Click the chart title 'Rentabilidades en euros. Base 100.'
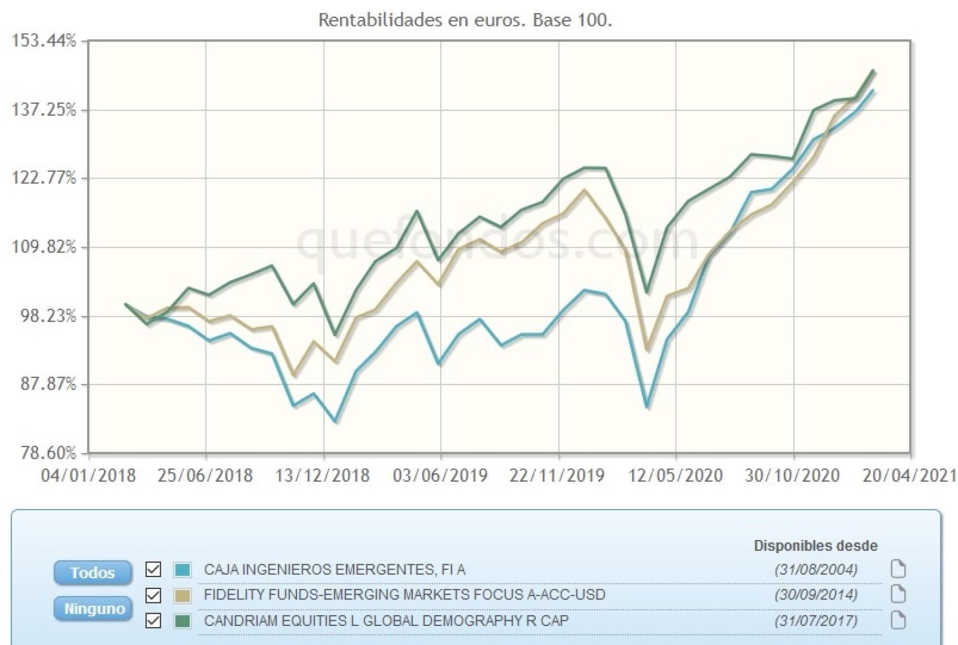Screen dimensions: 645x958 pos(465,20)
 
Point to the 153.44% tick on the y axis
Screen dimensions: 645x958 pos(44,41)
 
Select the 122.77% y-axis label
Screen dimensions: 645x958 pos(44,178)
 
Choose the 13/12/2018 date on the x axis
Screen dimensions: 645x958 pos(322,475)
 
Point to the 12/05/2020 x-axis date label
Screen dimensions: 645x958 pos(676,475)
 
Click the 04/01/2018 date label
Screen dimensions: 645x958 pos(89,475)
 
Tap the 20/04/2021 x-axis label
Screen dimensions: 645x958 pos(910,475)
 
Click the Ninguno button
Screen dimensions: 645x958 pos(93,609)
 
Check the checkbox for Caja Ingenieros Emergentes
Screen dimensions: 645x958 pos(153,569)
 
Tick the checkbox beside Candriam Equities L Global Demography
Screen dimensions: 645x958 pos(153,621)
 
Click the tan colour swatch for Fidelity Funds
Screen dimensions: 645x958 pos(183,595)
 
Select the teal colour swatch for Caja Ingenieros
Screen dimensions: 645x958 pos(183,569)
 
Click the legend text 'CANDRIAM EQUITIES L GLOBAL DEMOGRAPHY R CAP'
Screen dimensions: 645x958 pos(386,621)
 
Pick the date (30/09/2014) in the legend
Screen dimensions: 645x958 pos(816,595)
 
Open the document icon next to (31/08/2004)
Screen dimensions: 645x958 pos(898,569)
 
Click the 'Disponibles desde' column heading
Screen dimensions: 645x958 pos(815,546)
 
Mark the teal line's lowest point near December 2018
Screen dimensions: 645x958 pos(336,421)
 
